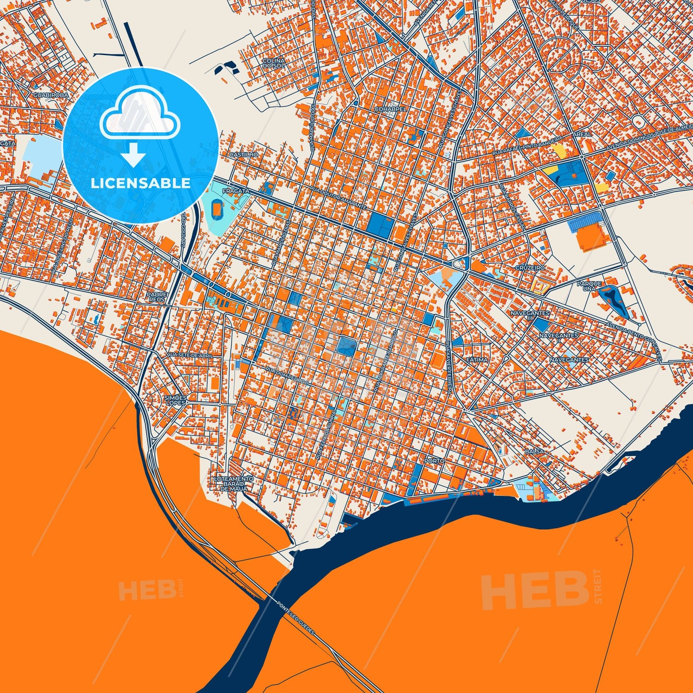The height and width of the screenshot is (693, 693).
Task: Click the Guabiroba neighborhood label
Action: [51, 95]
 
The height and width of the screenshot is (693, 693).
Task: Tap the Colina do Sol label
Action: [273, 63]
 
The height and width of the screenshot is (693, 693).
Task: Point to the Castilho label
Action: [244, 155]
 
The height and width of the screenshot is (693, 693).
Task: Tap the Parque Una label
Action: [589, 286]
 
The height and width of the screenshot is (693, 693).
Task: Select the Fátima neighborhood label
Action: [477, 359]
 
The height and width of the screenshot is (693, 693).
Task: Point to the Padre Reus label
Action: [157, 297]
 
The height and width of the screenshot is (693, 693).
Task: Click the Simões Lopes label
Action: [175, 400]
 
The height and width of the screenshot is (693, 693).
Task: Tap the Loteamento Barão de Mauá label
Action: [234, 483]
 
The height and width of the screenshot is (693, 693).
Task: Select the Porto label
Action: [435, 461]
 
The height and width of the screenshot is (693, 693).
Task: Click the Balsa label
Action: [534, 452]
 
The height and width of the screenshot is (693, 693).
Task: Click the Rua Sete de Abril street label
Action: [189, 355]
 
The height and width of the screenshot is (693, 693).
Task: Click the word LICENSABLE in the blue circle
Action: [141, 183]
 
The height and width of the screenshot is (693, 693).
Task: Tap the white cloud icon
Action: [140, 114]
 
